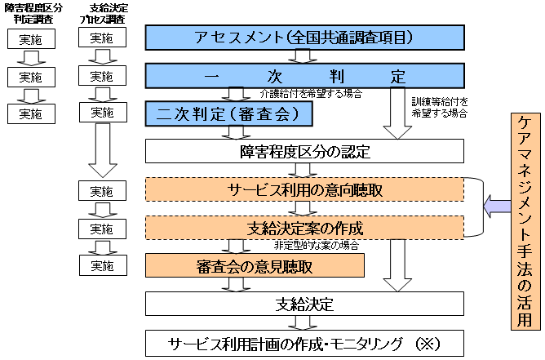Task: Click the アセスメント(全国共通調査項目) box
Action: [304, 38]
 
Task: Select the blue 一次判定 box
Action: [304, 77]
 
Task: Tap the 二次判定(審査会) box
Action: [229, 113]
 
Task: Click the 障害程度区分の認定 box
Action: [304, 152]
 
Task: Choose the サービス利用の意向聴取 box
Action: [304, 189]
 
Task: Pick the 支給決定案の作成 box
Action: [304, 227]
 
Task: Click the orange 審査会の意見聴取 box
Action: [255, 265]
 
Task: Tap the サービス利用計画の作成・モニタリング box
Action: [304, 341]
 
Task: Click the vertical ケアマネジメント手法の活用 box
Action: [526, 220]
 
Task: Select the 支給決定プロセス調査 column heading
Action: [102, 11]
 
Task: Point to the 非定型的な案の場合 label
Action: [316, 245]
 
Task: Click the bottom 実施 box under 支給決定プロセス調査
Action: [102, 265]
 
